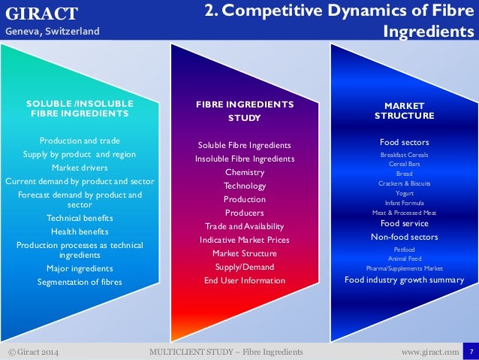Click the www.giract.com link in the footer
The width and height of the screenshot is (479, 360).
point(429,352)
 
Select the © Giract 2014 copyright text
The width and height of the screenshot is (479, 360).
point(33,352)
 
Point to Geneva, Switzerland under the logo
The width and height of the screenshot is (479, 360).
point(52,31)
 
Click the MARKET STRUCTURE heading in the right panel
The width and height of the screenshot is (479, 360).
point(404,110)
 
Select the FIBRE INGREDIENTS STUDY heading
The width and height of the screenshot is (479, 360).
point(245,110)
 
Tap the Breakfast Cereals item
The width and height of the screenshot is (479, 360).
point(404,154)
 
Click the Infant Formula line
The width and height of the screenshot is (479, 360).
point(404,203)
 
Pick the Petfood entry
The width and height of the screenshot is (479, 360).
point(404,249)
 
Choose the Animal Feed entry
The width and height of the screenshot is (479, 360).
point(404,259)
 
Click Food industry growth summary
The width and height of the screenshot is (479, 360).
point(404,280)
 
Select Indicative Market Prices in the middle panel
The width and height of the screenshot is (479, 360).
point(245,240)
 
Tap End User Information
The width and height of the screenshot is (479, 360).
point(245,280)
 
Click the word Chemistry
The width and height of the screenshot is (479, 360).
point(245,172)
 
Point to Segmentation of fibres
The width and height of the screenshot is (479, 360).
point(80,282)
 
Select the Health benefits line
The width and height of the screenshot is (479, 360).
point(80,231)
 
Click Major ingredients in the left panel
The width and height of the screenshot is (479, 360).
point(80,268)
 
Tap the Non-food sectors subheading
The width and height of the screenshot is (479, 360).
point(404,237)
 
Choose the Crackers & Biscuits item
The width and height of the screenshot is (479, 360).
point(404,183)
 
